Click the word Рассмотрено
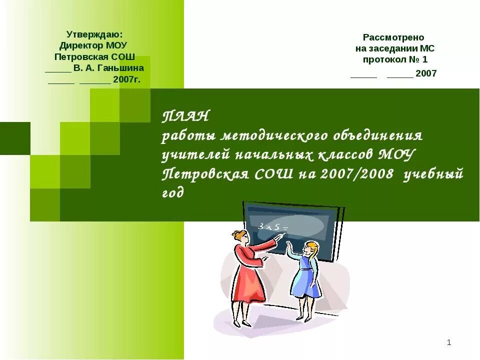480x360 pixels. [x=393, y=37]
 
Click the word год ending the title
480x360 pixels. [x=173, y=193]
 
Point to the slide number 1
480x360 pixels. [x=449, y=342]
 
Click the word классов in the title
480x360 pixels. [x=342, y=155]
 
